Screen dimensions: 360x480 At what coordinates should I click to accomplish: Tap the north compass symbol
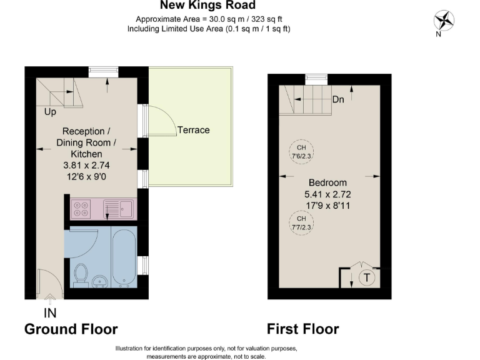pos(445,21)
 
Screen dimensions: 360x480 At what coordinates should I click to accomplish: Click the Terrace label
pos(193,130)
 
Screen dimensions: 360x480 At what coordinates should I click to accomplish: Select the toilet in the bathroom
pos(80,274)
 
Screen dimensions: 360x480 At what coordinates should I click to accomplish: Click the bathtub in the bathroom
pos(124,257)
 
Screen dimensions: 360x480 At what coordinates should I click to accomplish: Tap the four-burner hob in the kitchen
pos(81,208)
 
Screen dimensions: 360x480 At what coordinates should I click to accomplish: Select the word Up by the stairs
pos(50,112)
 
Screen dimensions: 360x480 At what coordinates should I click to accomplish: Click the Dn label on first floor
pos(338,99)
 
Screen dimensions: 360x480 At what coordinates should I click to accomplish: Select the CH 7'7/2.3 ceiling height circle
pos(301,222)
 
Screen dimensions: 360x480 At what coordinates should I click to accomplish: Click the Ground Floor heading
pos(71,329)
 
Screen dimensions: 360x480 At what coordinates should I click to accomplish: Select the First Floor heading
pos(302,329)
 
